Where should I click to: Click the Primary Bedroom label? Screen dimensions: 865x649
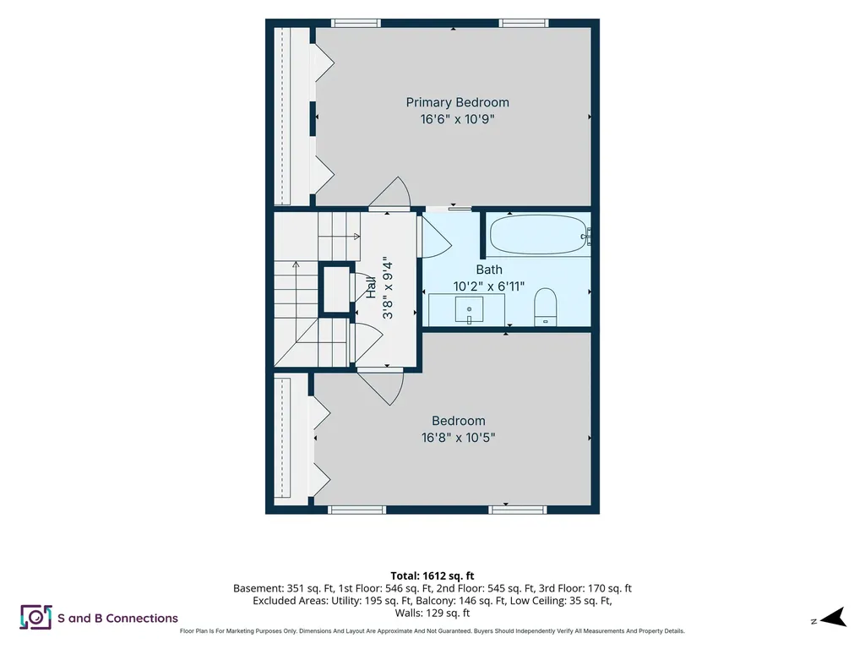[x=457, y=102]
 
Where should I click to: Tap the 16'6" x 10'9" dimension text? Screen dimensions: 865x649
[x=457, y=119]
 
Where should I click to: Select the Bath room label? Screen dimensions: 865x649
[x=489, y=270]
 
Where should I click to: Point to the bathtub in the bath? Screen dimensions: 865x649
[x=538, y=235]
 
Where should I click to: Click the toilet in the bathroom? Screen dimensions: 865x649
[x=546, y=307]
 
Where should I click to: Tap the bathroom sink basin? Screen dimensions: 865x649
[x=469, y=310]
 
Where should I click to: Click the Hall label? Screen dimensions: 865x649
[x=372, y=287]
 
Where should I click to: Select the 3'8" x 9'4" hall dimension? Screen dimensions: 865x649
[x=388, y=287]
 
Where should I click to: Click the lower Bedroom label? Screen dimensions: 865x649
[x=459, y=421]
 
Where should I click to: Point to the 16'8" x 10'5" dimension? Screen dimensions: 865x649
[x=459, y=438]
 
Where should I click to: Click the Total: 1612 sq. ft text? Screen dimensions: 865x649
[x=432, y=576]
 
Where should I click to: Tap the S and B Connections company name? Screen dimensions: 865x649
[x=118, y=618]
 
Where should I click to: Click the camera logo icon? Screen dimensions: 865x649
[x=35, y=617]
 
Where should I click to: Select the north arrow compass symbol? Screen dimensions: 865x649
[x=833, y=617]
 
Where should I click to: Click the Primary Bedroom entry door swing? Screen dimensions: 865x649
[x=390, y=194]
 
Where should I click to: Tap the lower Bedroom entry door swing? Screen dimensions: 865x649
[x=381, y=387]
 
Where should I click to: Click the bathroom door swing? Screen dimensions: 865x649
[x=437, y=237]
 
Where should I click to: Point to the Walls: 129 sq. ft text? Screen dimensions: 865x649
[x=432, y=614]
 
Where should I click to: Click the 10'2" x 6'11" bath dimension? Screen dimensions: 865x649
[x=489, y=286]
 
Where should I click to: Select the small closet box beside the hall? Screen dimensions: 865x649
[x=336, y=290]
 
